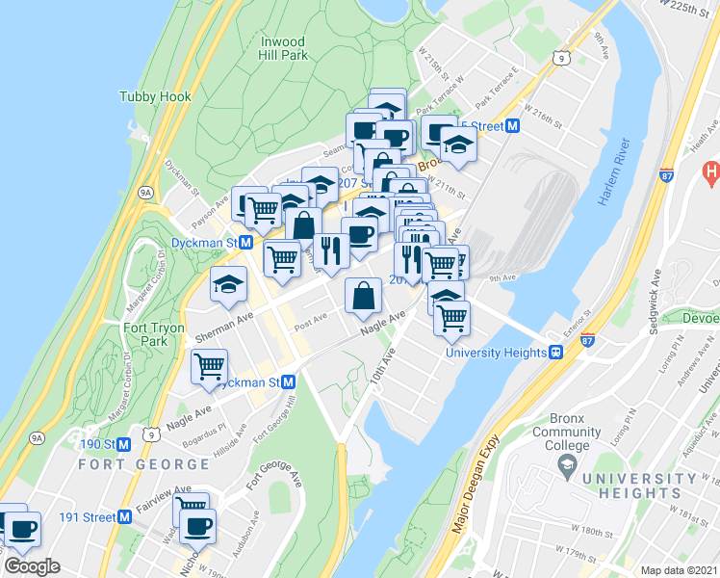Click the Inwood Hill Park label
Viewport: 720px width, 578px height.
point(283,49)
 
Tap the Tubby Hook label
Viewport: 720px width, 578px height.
point(155,97)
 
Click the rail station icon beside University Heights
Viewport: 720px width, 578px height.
point(556,353)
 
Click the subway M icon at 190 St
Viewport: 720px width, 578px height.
point(124,444)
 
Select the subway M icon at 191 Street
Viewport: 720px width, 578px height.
point(124,516)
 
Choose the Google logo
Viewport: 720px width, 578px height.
point(33,565)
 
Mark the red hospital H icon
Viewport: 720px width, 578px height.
point(712,173)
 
